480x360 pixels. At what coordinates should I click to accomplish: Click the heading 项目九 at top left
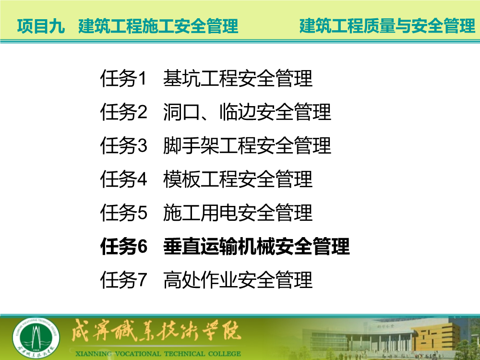click(41, 26)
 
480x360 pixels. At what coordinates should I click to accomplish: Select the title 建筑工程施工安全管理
click(158, 26)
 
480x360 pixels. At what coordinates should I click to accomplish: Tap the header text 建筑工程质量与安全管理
click(387, 26)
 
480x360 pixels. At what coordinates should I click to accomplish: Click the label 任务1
click(123, 78)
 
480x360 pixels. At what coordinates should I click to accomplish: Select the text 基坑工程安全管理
click(238, 78)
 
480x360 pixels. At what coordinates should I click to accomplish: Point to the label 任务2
click(123, 112)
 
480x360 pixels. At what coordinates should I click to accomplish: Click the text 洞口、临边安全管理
click(247, 112)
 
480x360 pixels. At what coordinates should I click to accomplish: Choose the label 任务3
click(123, 145)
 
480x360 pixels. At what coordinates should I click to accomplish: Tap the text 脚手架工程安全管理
click(247, 145)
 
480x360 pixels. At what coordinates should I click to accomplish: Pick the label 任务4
click(123, 179)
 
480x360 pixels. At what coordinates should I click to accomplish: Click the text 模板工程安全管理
click(238, 179)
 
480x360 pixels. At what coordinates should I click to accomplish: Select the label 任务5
click(123, 213)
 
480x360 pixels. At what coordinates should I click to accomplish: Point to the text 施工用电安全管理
click(238, 213)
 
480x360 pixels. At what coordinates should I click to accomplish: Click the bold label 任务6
click(124, 246)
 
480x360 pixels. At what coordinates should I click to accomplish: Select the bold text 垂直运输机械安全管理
click(256, 246)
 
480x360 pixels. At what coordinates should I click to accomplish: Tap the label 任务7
click(123, 280)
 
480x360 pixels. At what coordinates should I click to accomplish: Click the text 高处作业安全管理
click(238, 280)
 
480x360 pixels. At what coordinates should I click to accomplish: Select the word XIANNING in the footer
click(94, 354)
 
